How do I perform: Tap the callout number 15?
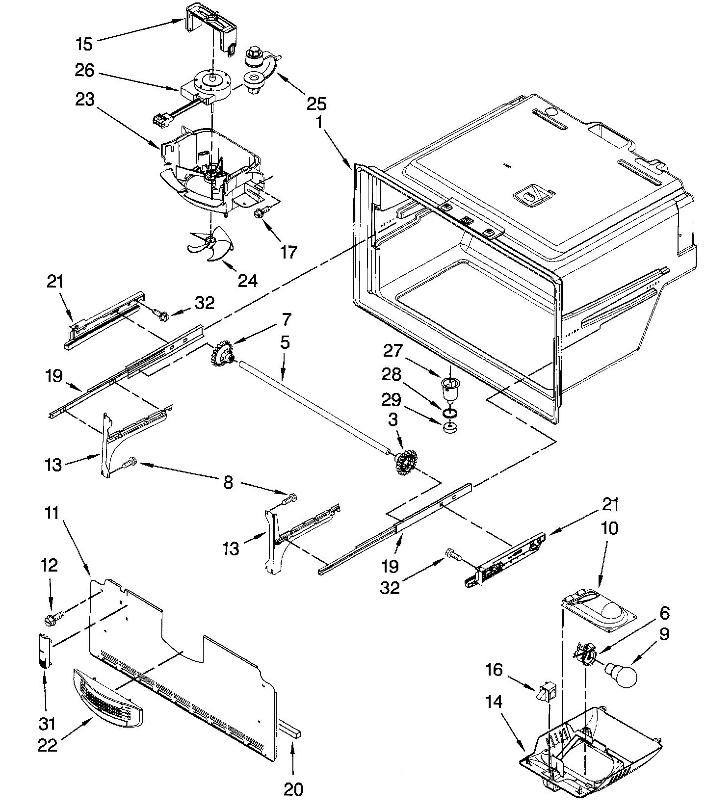[84, 44]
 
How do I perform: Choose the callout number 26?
[84, 71]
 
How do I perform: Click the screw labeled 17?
[260, 213]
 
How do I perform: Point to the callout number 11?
[52, 514]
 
